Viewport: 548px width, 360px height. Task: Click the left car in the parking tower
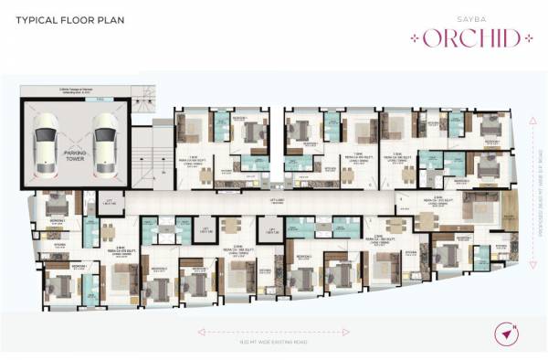[x=47, y=142]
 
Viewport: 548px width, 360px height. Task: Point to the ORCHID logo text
[x=467, y=38]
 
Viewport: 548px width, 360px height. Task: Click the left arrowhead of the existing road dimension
[x=199, y=331]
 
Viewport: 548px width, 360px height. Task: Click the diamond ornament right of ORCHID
[x=525, y=38]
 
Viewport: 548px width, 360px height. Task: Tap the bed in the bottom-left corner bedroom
[x=60, y=286]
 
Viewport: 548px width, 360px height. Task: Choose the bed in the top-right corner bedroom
[x=492, y=127]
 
